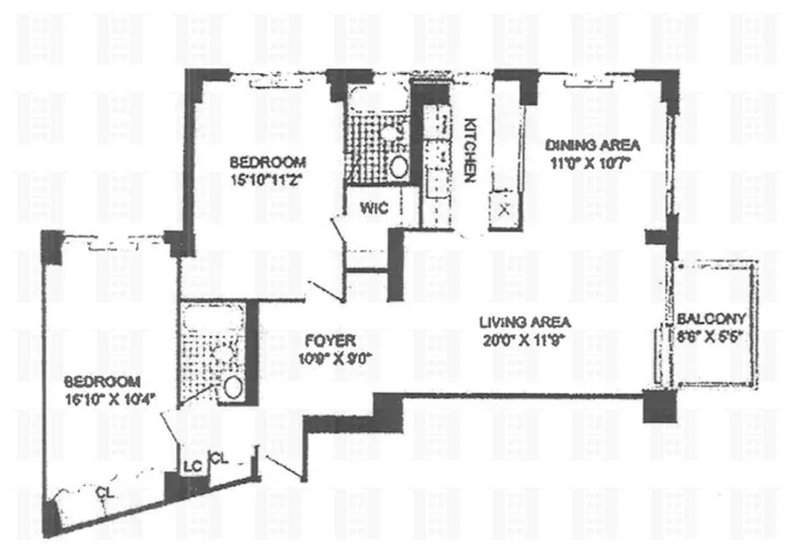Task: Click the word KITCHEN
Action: tap(472, 149)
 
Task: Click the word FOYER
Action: tap(324, 337)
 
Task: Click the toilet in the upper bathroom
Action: tap(398, 165)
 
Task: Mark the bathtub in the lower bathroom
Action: tap(209, 319)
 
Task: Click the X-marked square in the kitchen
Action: tap(505, 209)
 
